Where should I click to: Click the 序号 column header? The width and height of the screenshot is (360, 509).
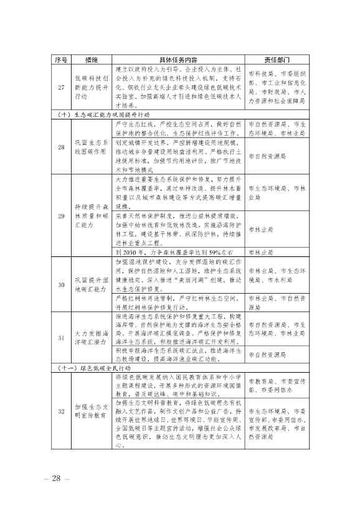point(60,60)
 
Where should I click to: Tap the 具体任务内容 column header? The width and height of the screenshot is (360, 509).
point(178,60)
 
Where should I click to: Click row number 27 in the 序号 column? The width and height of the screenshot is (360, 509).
point(60,88)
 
